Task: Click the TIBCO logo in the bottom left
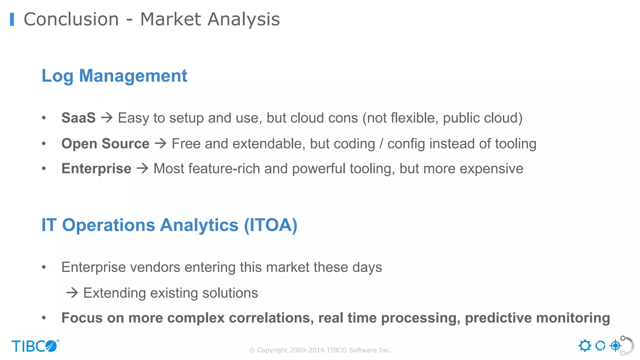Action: tap(35, 346)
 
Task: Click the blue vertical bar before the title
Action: tap(12, 19)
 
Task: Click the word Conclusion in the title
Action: tap(71, 19)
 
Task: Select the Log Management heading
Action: tap(114, 76)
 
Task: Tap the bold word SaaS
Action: tap(78, 118)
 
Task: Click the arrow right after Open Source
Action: tap(161, 144)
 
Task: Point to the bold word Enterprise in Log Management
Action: tap(96, 169)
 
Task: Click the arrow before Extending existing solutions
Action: tap(72, 293)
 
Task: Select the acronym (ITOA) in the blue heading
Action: tap(271, 225)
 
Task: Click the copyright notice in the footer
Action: tap(320, 350)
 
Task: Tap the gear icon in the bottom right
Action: tap(585, 346)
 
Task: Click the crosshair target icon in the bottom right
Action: tap(616, 346)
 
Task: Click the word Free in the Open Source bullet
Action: tap(186, 144)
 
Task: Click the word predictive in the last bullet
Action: tap(498, 318)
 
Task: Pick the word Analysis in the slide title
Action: tap(244, 19)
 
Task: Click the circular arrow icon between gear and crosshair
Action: tap(600, 346)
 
